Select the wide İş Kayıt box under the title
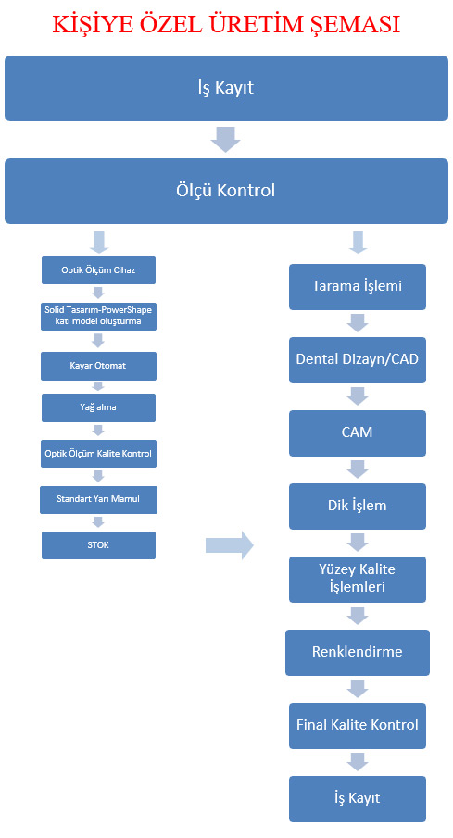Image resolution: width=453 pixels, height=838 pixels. [x=226, y=88]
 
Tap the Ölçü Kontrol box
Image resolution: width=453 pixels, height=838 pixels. [x=226, y=191]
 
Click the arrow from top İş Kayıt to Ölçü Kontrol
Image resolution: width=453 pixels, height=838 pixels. [x=225, y=140]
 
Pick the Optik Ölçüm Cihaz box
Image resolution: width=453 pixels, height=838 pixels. [x=98, y=270]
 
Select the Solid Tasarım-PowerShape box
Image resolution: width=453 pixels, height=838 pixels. [x=98, y=316]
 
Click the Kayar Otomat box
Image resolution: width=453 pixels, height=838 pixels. [x=98, y=366]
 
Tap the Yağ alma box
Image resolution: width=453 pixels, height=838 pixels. [x=98, y=407]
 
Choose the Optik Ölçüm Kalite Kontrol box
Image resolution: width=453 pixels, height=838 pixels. [x=98, y=454]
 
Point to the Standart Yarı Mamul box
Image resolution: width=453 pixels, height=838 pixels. [x=98, y=500]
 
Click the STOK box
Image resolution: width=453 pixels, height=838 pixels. [x=98, y=545]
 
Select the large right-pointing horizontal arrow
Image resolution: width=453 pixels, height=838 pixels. [x=230, y=545]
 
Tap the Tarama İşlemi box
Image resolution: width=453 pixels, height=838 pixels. [x=358, y=286]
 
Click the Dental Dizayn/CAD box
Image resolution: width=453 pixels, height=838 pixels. [x=358, y=359]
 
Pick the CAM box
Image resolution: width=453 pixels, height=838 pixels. [x=358, y=433]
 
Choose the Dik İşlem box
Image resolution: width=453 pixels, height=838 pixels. [x=358, y=507]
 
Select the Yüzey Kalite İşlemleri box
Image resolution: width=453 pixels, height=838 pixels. [x=358, y=580]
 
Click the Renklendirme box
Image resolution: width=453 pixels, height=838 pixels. [x=358, y=653]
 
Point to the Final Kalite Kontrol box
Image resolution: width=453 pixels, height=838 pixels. [x=358, y=726]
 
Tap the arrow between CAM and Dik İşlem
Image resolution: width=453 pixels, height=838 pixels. [x=358, y=469]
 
